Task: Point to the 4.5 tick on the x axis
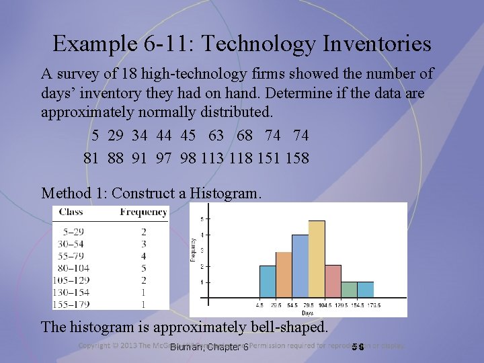[x=259, y=305]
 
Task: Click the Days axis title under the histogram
[x=307, y=313]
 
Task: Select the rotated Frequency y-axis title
[x=194, y=248]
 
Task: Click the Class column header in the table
[x=71, y=212]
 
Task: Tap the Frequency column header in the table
[x=143, y=212]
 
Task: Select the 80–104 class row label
[x=74, y=268]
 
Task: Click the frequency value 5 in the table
[x=144, y=268]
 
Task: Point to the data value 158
[x=296, y=158]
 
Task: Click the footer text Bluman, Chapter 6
[x=209, y=347]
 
